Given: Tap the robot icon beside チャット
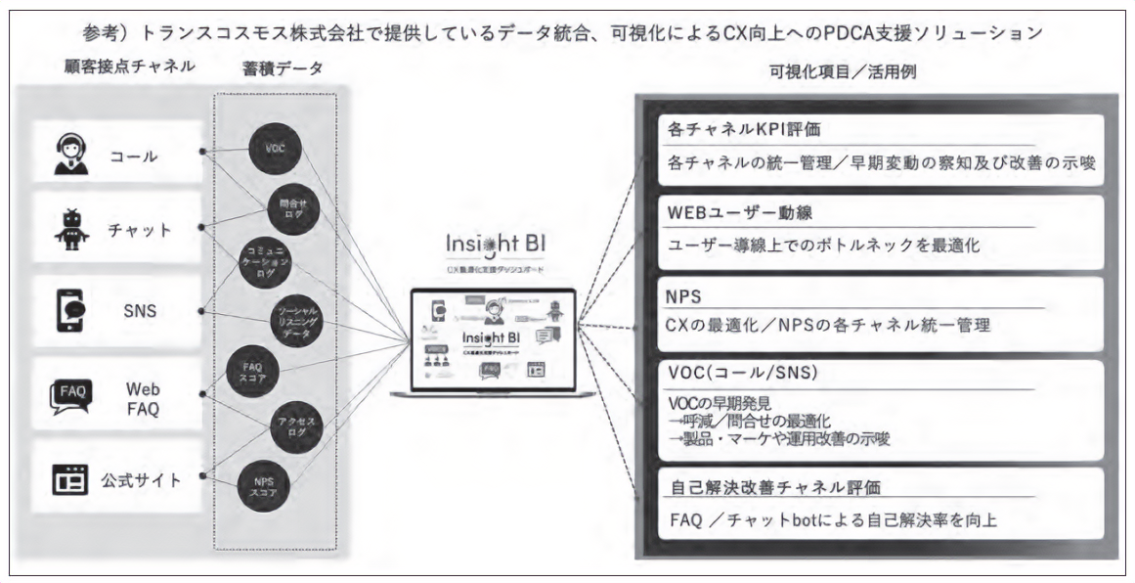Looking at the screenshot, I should (70, 230).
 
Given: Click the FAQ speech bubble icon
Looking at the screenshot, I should (70, 396).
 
